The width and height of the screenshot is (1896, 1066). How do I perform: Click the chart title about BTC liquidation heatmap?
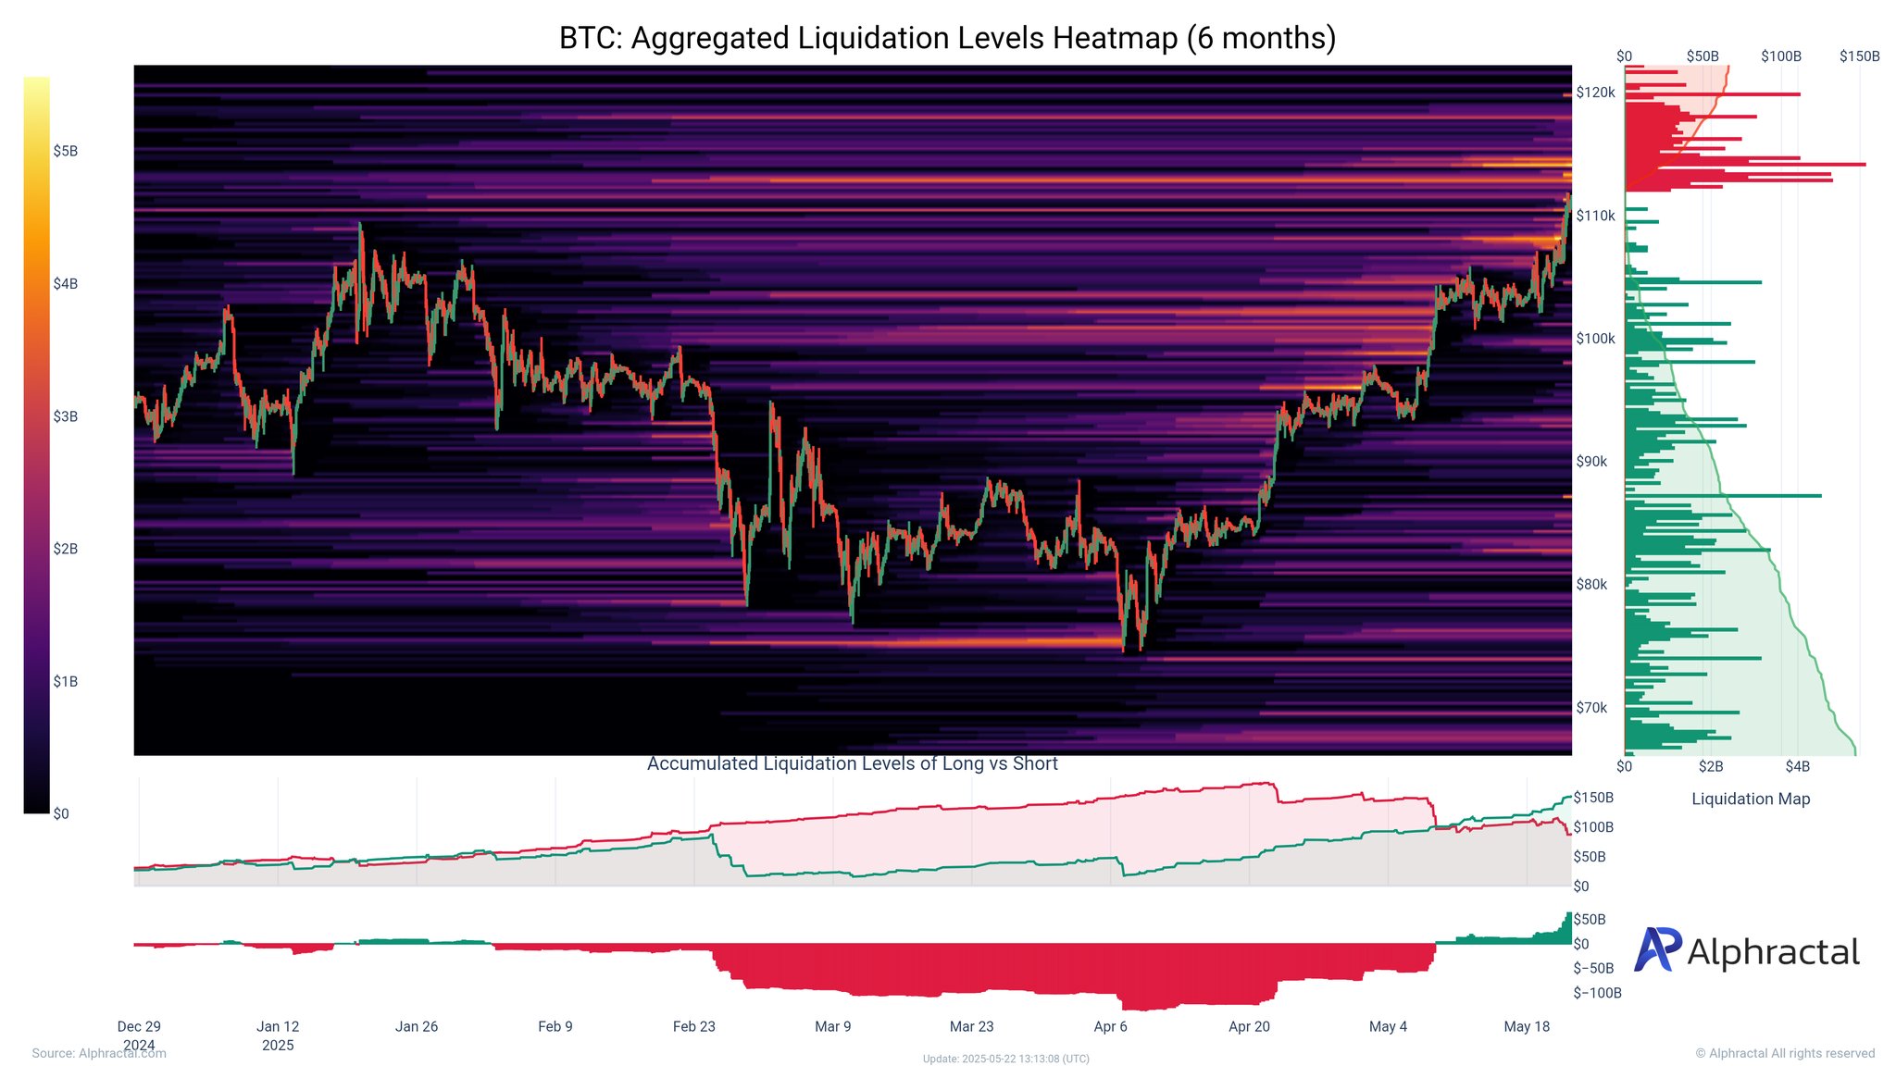coord(947,38)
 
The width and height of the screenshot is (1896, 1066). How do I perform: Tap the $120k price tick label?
coord(1595,93)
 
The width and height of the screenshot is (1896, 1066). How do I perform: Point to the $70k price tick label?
coord(1591,708)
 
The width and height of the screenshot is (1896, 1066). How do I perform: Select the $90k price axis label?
coord(1591,462)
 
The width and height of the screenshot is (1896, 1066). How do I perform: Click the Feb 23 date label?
coord(694,1026)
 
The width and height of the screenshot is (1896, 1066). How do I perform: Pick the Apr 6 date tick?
coord(1111,1026)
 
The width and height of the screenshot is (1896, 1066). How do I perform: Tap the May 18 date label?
coord(1527,1026)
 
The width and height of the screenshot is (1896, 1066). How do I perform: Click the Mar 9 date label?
coord(833,1026)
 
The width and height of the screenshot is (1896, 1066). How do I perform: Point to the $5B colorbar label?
coord(65,151)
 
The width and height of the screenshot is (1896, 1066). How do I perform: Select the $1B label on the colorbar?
coord(65,682)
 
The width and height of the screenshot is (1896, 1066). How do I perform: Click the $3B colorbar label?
coord(65,416)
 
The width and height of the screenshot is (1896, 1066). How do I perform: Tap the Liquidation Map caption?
coord(1751,799)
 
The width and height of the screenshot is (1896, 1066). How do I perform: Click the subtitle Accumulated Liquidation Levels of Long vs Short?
coord(852,763)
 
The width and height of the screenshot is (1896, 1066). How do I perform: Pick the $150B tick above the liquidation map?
coord(1859,56)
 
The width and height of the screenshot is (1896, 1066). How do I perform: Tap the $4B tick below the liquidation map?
coord(1797,766)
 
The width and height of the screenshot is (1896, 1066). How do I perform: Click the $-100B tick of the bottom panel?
coord(1597,993)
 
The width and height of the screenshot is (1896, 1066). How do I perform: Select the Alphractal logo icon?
coord(1656,950)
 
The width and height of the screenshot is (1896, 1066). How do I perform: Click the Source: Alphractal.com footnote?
coord(99,1053)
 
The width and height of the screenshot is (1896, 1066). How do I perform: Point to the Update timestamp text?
coord(1005,1059)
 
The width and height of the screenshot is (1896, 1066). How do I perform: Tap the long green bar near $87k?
coord(1722,496)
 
